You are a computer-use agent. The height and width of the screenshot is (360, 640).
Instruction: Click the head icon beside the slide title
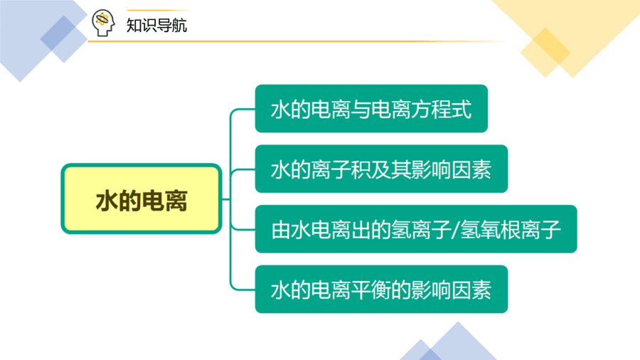(103, 23)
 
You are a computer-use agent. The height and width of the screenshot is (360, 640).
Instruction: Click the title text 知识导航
(156, 26)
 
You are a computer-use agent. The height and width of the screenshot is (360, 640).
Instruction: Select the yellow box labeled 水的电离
(142, 198)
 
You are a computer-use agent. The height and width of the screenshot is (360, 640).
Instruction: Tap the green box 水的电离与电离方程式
(371, 109)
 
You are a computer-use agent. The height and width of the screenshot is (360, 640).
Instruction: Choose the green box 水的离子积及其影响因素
(381, 169)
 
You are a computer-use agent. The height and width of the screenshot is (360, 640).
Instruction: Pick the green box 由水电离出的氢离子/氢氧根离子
(416, 229)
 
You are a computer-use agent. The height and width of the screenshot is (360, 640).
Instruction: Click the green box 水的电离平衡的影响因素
(381, 289)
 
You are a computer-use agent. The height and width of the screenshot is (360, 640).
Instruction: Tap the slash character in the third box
(455, 229)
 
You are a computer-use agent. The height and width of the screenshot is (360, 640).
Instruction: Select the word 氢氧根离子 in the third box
(510, 229)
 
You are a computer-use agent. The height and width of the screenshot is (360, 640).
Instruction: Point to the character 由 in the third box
(281, 229)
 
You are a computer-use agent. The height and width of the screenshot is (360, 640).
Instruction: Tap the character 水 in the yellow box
(107, 201)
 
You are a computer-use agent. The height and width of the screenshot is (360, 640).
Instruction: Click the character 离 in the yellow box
(176, 201)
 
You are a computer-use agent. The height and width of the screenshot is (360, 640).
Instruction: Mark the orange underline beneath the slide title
(298, 41)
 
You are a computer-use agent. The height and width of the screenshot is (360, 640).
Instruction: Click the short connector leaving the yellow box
(226, 199)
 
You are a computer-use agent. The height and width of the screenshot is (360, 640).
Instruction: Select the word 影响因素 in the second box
(451, 169)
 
